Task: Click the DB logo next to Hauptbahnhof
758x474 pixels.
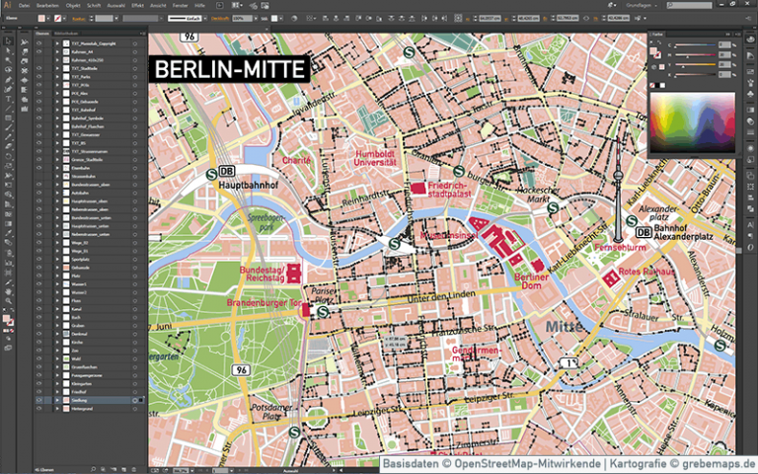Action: pyautogui.click(x=227, y=171)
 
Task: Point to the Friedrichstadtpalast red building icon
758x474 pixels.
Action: pyautogui.click(x=417, y=188)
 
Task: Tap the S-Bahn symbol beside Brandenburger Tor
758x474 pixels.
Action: pyautogui.click(x=323, y=310)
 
